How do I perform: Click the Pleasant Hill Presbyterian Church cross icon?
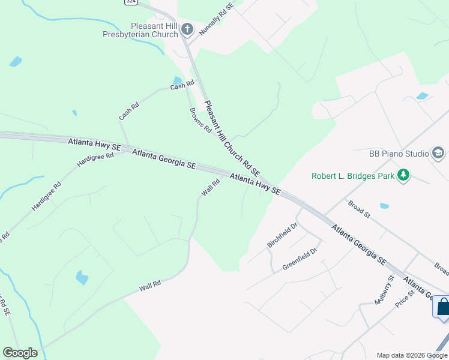pyautogui.click(x=187, y=28)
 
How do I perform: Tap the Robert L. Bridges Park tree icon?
pyautogui.click(x=405, y=176)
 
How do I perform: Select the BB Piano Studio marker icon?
pyautogui.click(x=438, y=154)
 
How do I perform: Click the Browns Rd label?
pyautogui.click(x=200, y=119)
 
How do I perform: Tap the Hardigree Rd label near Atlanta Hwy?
pyautogui.click(x=95, y=160)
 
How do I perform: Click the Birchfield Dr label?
pyautogui.click(x=282, y=235)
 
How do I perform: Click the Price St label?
pyautogui.click(x=405, y=301)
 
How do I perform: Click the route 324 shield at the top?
pyautogui.click(x=131, y=2)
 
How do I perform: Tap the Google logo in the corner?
pyautogui.click(x=20, y=353)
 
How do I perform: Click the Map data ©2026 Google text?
pyautogui.click(x=412, y=355)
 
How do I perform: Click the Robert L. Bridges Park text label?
pyautogui.click(x=352, y=176)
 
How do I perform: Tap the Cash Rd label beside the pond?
pyautogui.click(x=182, y=86)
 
